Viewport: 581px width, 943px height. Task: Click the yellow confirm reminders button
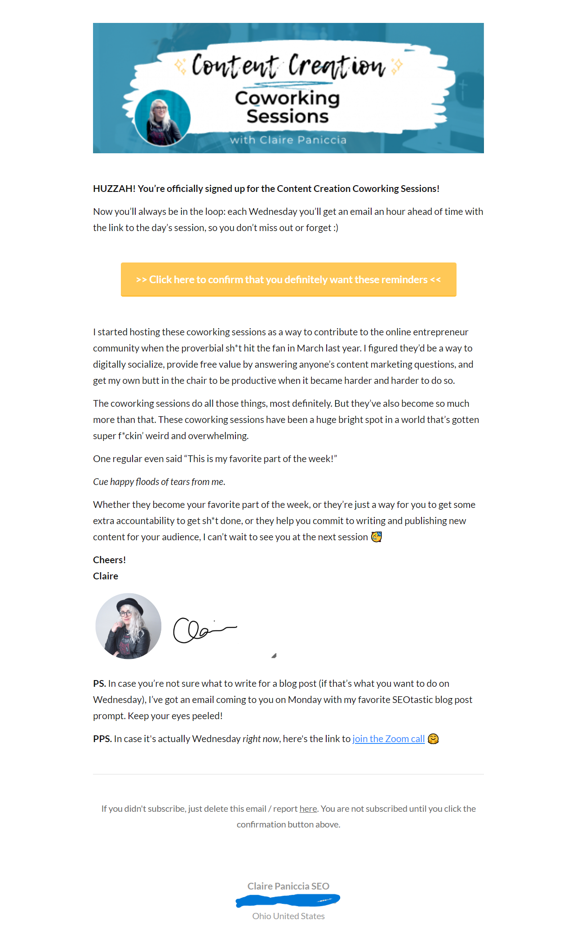288,280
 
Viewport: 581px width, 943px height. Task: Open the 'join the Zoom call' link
388,739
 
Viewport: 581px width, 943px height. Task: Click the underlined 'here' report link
308,809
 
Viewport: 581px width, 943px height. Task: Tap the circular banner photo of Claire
163,118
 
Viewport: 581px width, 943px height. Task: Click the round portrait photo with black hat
129,626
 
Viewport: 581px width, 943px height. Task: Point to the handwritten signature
204,630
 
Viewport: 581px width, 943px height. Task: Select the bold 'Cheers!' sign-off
109,560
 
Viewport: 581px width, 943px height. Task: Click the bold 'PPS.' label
102,739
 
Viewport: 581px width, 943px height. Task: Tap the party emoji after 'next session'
377,537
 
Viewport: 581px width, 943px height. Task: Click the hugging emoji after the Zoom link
433,739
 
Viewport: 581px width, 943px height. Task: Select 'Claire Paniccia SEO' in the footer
288,886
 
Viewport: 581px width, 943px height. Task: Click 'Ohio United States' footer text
288,916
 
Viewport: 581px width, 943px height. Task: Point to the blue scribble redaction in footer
288,900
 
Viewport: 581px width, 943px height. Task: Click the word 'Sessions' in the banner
288,116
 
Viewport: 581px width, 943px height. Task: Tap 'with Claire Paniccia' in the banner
288,140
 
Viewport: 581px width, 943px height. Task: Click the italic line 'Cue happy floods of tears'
159,482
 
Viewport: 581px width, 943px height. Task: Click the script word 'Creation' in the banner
337,66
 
